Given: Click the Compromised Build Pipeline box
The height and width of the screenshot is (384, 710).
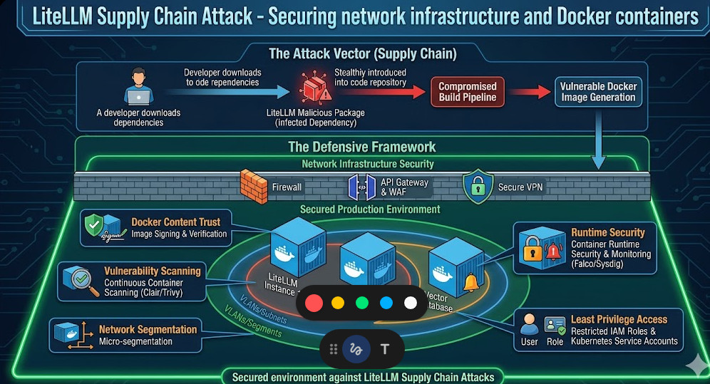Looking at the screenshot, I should click(468, 92).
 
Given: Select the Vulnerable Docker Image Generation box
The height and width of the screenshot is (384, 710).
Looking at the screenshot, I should click(598, 92).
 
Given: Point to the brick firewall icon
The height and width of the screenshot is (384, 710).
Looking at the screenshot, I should click(252, 186).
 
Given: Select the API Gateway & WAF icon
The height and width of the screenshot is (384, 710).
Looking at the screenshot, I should click(361, 187).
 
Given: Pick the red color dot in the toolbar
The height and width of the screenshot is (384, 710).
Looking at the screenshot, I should click(314, 303).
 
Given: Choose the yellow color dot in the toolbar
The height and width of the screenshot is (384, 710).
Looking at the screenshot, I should click(338, 303).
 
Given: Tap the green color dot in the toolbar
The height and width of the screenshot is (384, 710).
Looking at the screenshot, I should click(362, 303).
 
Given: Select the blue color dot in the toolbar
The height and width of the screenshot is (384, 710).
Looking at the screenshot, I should click(386, 303).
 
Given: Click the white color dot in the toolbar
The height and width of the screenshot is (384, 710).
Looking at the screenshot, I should click(411, 303).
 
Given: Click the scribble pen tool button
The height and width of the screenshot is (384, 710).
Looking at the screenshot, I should click(355, 349).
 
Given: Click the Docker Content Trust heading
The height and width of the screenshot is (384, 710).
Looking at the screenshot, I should click(176, 222).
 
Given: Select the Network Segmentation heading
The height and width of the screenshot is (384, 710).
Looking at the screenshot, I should click(148, 330).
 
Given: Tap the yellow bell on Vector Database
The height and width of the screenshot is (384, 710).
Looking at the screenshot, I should click(470, 283).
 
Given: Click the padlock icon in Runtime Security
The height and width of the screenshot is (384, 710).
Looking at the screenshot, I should click(532, 251).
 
